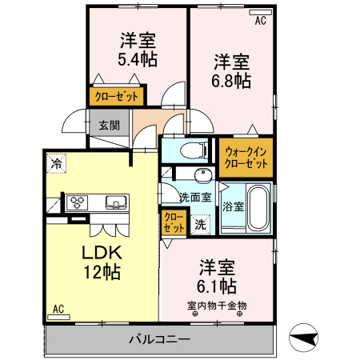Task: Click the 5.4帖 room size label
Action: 138,58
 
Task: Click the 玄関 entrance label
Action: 109,126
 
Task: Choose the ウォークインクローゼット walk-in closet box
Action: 246,157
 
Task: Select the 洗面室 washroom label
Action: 194,197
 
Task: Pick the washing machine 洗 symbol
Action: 201,225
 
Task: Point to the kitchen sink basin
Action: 114,202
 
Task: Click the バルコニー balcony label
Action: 159,340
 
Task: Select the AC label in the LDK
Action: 58,309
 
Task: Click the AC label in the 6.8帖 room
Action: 260,22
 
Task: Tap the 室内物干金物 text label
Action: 217,305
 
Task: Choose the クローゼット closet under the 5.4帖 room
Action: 116,98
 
